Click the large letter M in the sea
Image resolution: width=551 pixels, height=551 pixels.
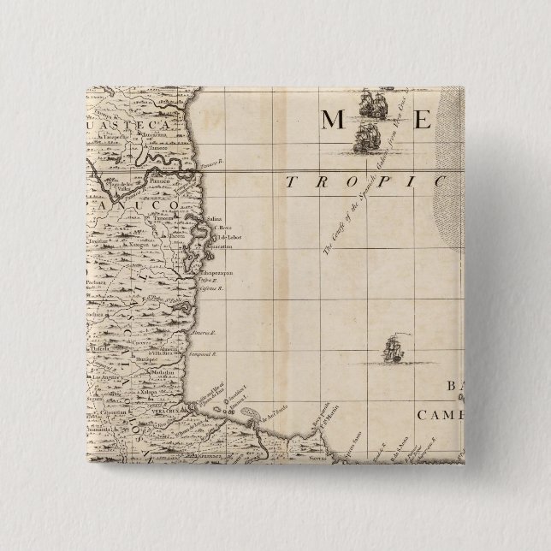coord(336,120)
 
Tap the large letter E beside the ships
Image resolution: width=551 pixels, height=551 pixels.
coord(421,120)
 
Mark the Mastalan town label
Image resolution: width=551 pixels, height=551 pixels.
coord(165,374)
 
